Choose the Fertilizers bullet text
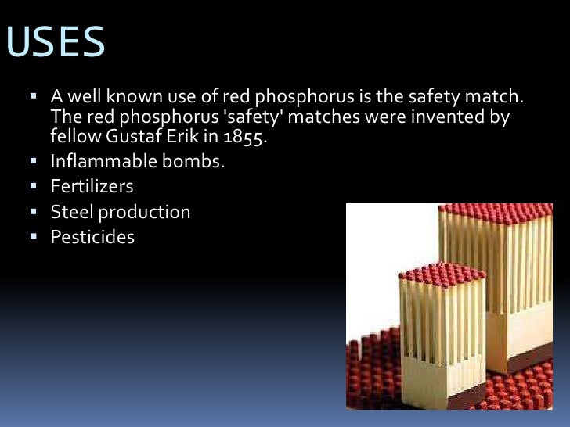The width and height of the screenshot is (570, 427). click(92, 188)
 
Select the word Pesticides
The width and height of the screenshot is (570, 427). click(92, 236)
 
